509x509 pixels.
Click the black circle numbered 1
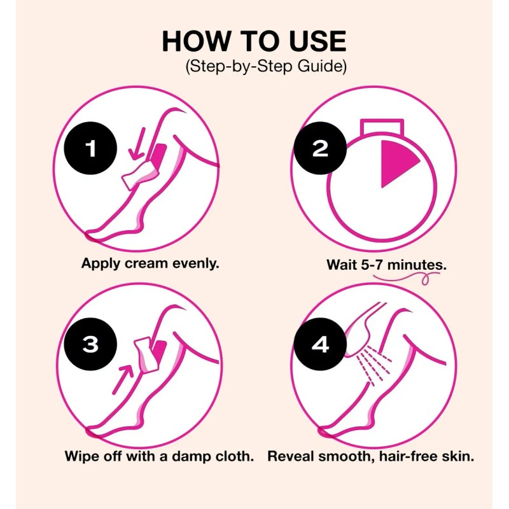coord(91,150)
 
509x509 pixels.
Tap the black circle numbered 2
coord(320,150)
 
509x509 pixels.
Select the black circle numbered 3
coord(91,344)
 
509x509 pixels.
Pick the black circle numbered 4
coord(320,344)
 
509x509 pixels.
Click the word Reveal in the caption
coord(289,457)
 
